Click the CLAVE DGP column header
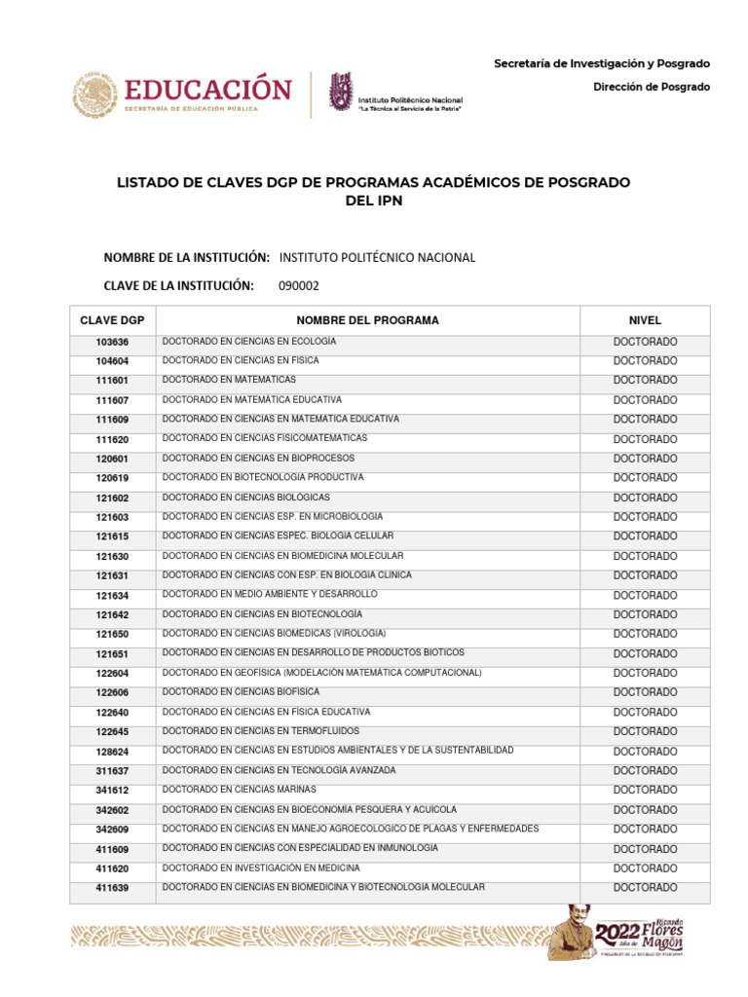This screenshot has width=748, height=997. point(112,320)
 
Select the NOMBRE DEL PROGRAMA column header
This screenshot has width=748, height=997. point(367,320)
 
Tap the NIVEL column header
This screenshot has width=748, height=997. point(645,320)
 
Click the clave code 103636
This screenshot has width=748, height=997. point(112,342)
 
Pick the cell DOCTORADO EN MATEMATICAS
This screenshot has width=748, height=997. point(229,380)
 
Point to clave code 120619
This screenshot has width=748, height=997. point(112,478)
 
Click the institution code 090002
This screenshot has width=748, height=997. point(298,285)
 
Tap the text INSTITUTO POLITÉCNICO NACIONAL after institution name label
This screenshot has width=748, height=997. point(377,258)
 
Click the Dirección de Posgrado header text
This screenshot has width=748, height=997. point(652,87)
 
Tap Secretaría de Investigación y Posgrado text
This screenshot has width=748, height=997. point(602,63)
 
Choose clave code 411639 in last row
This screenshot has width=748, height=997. point(112,888)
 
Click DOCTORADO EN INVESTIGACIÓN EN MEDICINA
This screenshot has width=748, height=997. point(261,868)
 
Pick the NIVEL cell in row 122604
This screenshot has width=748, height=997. point(645,673)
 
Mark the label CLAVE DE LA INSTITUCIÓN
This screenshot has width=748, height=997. point(178,285)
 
